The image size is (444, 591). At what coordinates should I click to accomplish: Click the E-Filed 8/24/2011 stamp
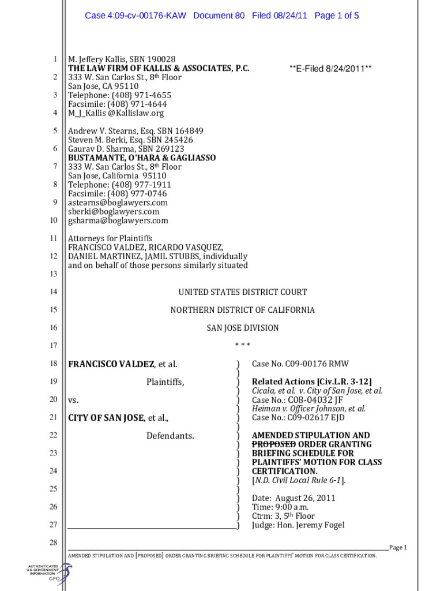[330, 69]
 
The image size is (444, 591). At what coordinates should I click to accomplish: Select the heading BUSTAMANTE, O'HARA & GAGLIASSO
[142, 158]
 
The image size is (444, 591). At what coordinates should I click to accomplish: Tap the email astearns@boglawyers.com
[118, 203]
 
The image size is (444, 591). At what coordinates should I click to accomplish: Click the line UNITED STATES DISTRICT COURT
[242, 292]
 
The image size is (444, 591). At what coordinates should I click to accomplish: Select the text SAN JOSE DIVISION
[242, 328]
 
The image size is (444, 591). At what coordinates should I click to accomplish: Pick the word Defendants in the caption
[170, 435]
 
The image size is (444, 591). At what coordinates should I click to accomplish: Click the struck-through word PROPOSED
[274, 444]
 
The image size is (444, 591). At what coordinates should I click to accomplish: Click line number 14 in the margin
[53, 292]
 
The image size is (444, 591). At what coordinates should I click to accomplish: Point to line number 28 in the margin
[53, 543]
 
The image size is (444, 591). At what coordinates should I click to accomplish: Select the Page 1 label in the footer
[398, 547]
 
